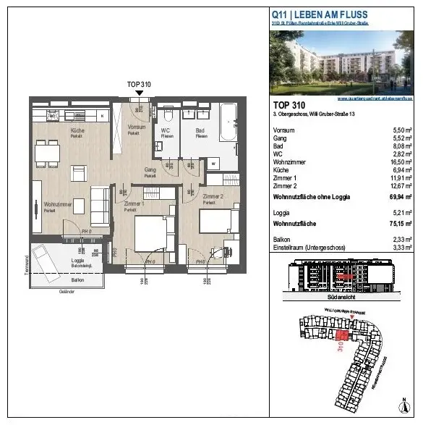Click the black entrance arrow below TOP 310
tap(138, 94)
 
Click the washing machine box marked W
tap(214, 164)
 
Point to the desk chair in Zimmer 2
tap(216, 253)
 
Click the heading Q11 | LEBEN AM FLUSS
tap(319, 14)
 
